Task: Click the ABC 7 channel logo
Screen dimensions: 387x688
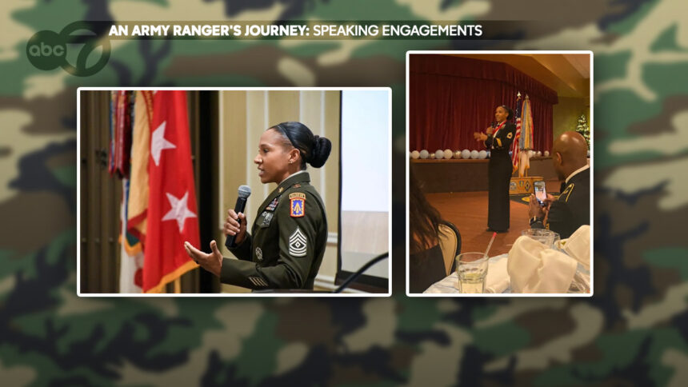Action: (x=68, y=50)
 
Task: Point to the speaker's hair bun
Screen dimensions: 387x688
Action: (x=320, y=150)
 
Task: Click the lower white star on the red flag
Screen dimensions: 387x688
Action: (x=180, y=209)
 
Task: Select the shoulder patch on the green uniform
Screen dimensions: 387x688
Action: (x=297, y=205)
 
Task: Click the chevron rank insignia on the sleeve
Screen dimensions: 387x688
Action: (x=298, y=242)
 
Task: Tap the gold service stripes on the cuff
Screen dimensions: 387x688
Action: (x=258, y=281)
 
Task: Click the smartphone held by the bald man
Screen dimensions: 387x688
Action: (x=539, y=191)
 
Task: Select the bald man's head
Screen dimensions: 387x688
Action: (x=570, y=150)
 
